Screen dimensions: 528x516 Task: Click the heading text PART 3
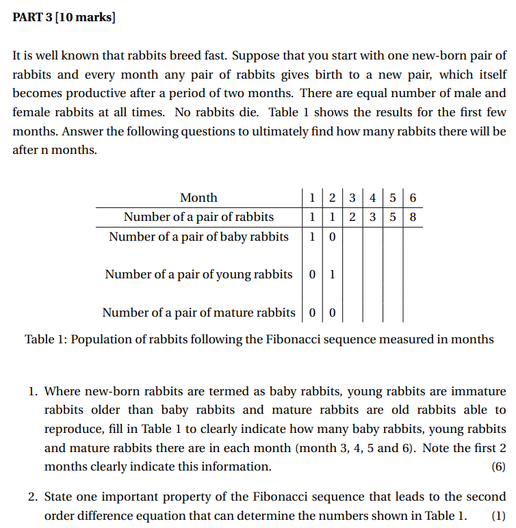click(34, 18)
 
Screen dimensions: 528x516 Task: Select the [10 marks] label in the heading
click(87, 18)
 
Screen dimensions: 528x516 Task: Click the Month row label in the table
click(198, 198)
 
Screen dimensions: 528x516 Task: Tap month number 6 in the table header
click(412, 198)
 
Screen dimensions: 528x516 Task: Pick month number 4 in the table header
click(372, 198)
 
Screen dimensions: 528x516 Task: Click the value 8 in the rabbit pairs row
click(412, 217)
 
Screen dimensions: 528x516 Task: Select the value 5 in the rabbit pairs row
click(392, 217)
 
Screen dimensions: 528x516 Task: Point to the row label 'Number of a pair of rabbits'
click(198, 217)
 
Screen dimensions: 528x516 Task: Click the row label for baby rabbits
click(198, 237)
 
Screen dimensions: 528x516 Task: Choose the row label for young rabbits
click(198, 274)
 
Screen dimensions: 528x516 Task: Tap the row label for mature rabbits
click(198, 313)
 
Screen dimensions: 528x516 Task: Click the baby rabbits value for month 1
click(312, 237)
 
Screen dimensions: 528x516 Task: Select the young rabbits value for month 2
click(332, 274)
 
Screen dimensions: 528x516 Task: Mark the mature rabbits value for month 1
click(312, 313)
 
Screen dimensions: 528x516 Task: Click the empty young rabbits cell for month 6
click(412, 274)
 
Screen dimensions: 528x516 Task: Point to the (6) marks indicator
click(498, 466)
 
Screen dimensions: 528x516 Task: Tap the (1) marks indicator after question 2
click(498, 515)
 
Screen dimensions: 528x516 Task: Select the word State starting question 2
click(60, 497)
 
